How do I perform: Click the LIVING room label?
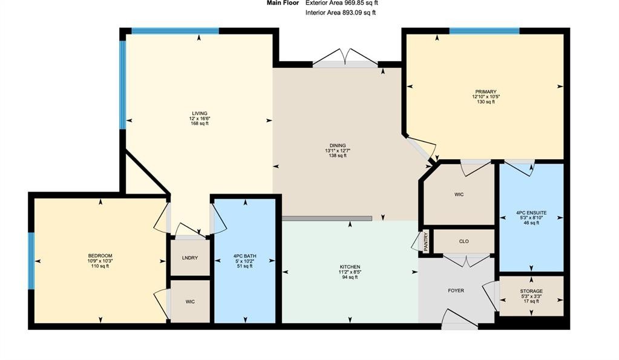[x=200, y=113]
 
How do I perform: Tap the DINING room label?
[x=338, y=145]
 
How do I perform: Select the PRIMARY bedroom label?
[x=485, y=91]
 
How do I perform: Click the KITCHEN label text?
[x=350, y=267]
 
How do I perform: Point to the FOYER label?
[x=456, y=290]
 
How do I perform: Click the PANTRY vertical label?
[x=426, y=241]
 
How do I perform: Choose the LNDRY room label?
[x=190, y=258]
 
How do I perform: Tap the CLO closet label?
[x=464, y=241]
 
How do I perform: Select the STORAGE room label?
[x=531, y=291]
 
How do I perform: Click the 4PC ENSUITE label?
[x=531, y=213]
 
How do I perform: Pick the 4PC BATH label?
[x=245, y=256]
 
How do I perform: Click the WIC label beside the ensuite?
[x=459, y=195]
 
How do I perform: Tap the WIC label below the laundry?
[x=190, y=302]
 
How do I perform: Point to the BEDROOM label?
[x=100, y=256]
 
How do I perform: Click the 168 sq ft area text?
[x=200, y=123]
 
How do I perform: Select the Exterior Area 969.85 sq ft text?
[x=342, y=3]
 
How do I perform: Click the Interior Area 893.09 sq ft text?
[x=341, y=13]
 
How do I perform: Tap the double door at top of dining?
[x=346, y=59]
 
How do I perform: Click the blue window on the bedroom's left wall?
[x=31, y=261]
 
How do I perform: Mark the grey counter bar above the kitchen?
[x=327, y=218]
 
